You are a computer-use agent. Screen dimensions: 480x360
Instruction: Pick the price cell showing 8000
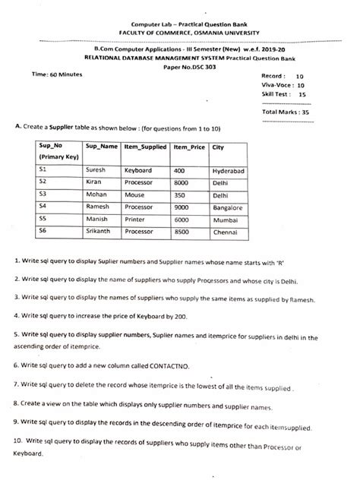tap(183, 183)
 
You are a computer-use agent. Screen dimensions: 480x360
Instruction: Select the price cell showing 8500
tap(183, 232)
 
